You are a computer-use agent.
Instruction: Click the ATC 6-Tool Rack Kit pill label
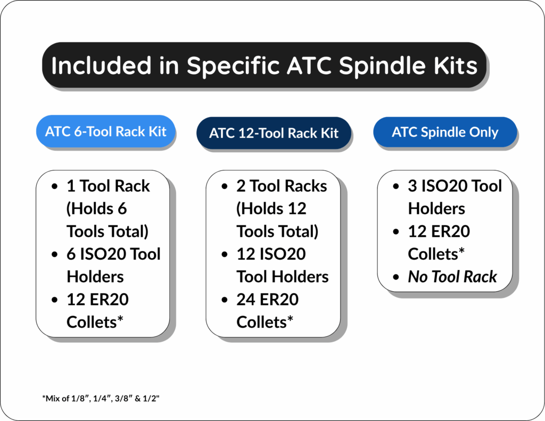pyautogui.click(x=106, y=131)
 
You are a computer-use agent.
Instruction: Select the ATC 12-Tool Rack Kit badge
pyautogui.click(x=274, y=133)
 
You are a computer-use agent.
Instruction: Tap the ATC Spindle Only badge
pyautogui.click(x=445, y=132)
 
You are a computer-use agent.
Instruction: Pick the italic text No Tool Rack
pyautogui.click(x=452, y=277)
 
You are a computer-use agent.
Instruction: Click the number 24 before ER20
pyautogui.click(x=246, y=300)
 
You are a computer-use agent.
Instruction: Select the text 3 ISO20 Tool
pyautogui.click(x=455, y=186)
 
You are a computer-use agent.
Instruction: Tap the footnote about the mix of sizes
pyautogui.click(x=101, y=399)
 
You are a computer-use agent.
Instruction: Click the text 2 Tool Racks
pyautogui.click(x=282, y=186)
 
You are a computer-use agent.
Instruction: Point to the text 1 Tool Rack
pyautogui.click(x=108, y=186)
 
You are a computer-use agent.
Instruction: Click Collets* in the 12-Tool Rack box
pyautogui.click(x=265, y=322)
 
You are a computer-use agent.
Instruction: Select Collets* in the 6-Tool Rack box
pyautogui.click(x=95, y=322)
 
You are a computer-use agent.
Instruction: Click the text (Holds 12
pyautogui.click(x=271, y=209)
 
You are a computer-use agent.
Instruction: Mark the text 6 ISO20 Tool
pyautogui.click(x=113, y=254)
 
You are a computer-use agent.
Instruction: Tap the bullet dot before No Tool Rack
pyautogui.click(x=397, y=277)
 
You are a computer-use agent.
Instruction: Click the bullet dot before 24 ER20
pyautogui.click(x=225, y=300)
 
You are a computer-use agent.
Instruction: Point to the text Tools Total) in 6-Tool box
pyautogui.click(x=107, y=232)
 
